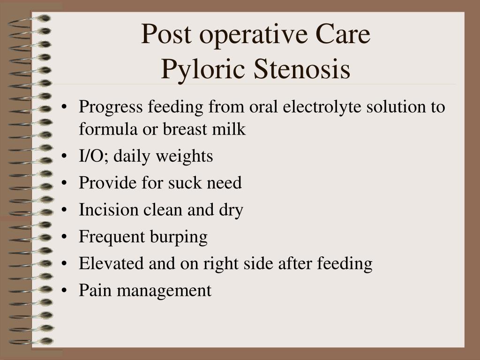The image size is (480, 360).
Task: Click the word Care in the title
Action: pyautogui.click(x=343, y=34)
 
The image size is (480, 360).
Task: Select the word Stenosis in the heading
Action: pyautogui.click(x=302, y=68)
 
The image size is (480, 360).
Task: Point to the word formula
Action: pyautogui.click(x=108, y=128)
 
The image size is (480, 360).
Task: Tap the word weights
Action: pyautogui.click(x=184, y=157)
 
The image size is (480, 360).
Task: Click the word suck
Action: pyautogui.click(x=185, y=183)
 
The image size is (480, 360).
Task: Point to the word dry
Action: pyautogui.click(x=231, y=210)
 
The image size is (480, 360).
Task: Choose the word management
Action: pyautogui.click(x=164, y=291)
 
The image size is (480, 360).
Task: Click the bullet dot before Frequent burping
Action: pyautogui.click(x=64, y=237)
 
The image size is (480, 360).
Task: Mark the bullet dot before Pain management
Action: pyautogui.click(x=64, y=291)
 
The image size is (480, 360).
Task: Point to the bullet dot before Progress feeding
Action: pyautogui.click(x=64, y=107)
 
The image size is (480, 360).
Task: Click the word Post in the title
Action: pyautogui.click(x=166, y=34)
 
